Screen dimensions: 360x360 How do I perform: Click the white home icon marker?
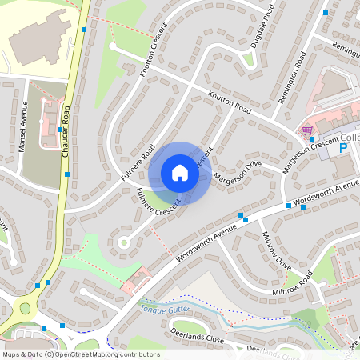click(180, 173)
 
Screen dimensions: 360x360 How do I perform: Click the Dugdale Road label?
click(262, 26)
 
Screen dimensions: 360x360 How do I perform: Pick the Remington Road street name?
click(292, 78)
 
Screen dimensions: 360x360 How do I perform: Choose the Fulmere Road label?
click(137, 159)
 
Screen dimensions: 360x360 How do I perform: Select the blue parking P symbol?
click(344, 147)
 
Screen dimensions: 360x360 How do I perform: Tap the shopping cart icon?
click(306, 130)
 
